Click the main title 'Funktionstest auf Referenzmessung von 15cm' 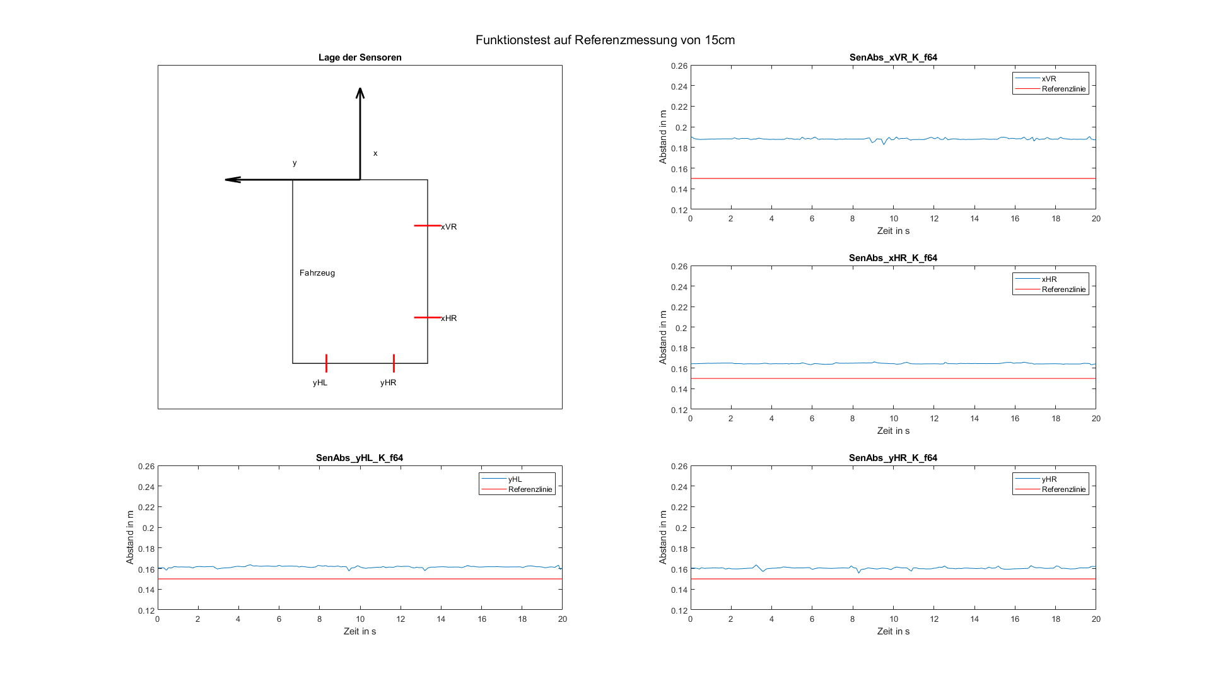tap(605, 40)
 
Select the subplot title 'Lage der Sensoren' tap(360, 57)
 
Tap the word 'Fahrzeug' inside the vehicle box tap(317, 273)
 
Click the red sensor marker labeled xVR tap(427, 226)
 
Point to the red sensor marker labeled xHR tap(427, 317)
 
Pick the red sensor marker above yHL tap(326, 363)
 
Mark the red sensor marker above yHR tap(394, 363)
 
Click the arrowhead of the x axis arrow tap(360, 92)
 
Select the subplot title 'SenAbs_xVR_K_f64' tap(893, 57)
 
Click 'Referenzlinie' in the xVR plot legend tap(1063, 89)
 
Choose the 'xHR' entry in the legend tap(1049, 279)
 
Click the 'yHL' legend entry tap(515, 479)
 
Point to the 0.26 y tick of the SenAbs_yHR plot tap(679, 467)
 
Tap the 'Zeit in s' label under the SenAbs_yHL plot tap(360, 631)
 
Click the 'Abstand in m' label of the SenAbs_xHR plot tap(663, 337)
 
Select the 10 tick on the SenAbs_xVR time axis tap(893, 219)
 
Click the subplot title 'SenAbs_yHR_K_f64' tap(893, 458)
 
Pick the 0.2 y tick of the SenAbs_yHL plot tap(148, 528)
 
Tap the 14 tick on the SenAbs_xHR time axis tap(974, 419)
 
